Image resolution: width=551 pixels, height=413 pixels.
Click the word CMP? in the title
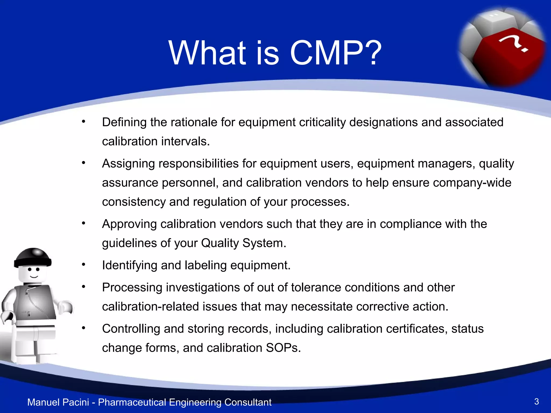(x=335, y=53)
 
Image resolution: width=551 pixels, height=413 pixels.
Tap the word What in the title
(x=207, y=53)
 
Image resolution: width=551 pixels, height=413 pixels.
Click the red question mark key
(x=508, y=54)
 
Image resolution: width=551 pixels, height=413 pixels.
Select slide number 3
(x=536, y=401)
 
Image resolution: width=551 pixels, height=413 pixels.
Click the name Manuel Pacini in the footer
(x=58, y=402)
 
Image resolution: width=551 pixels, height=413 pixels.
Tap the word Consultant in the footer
(x=248, y=402)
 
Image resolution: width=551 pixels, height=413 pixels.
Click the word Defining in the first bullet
(x=124, y=123)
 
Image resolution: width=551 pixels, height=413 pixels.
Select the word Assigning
(x=128, y=164)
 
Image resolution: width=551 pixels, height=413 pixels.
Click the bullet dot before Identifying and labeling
(x=84, y=265)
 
